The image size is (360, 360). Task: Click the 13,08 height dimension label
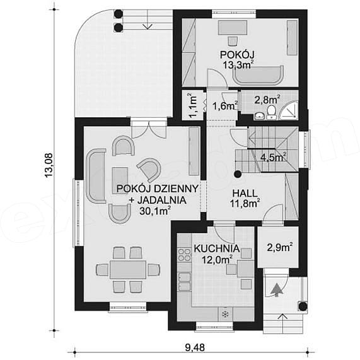pyautogui.click(x=49, y=165)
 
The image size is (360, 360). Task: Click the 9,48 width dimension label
pyautogui.click(x=194, y=347)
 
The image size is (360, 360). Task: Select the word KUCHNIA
pyautogui.click(x=217, y=248)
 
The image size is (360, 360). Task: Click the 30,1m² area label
pyautogui.click(x=154, y=211)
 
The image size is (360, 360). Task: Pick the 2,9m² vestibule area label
pyautogui.click(x=280, y=248)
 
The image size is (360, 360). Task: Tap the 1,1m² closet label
pyautogui.click(x=193, y=105)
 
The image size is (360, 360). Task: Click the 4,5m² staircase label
pyautogui.click(x=273, y=158)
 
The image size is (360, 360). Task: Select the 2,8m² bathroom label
pyautogui.click(x=267, y=100)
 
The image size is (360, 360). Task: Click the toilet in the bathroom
pyautogui.click(x=271, y=112)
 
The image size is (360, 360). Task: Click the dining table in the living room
pyautogui.click(x=128, y=270)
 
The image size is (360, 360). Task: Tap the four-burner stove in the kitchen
pyautogui.click(x=185, y=255)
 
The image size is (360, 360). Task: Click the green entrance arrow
pyautogui.click(x=277, y=290)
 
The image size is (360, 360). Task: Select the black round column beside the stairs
pyautogui.click(x=238, y=175)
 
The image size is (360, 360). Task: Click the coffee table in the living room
pyautogui.click(x=120, y=181)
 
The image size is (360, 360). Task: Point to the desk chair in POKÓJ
pyautogui.click(x=233, y=41)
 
